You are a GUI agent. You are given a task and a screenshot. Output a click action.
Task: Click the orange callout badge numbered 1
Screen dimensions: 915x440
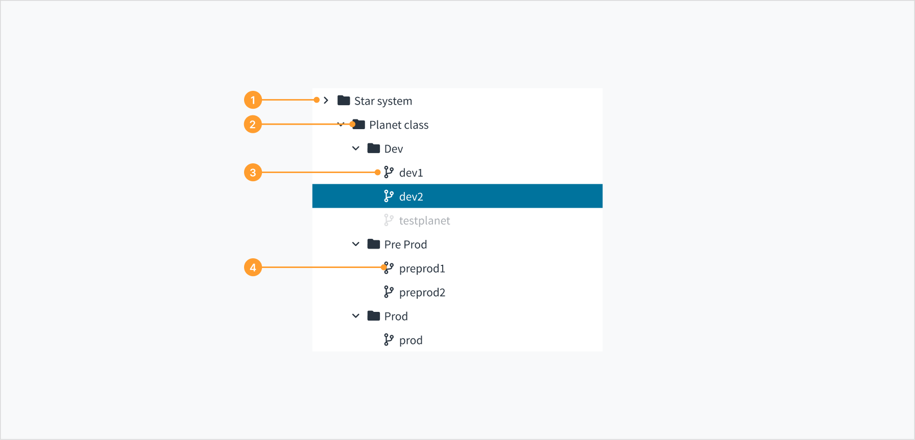253,100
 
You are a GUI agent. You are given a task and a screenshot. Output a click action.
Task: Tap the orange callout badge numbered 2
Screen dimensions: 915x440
253,124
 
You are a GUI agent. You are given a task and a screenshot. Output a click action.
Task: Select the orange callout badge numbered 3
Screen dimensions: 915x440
253,173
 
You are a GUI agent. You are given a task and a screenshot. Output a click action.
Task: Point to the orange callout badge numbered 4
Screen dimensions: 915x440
253,267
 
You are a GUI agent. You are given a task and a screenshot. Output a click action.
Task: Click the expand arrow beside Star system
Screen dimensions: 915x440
326,100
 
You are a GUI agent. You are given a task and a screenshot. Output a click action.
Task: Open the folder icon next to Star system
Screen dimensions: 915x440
344,101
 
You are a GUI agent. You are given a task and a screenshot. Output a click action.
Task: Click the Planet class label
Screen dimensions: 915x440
399,125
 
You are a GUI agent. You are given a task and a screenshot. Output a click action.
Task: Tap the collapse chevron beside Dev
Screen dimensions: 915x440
356,149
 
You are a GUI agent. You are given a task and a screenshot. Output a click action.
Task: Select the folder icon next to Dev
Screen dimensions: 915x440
374,149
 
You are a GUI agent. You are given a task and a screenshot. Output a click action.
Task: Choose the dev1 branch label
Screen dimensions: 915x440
411,173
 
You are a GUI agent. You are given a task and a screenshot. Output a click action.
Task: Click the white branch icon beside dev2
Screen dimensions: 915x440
389,196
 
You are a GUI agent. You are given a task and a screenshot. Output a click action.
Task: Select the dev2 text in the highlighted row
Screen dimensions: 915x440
411,197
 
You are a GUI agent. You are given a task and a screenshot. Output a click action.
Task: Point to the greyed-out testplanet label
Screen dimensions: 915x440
424,221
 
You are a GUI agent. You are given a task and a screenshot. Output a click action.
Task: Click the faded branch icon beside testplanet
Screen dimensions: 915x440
389,220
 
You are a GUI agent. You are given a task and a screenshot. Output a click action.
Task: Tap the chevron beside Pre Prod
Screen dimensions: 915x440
356,244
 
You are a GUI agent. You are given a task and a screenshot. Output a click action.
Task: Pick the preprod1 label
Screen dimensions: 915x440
422,269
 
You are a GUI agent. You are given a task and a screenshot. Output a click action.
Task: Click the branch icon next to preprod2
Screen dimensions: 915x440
389,292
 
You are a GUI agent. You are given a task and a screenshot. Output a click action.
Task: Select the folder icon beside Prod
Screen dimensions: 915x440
374,316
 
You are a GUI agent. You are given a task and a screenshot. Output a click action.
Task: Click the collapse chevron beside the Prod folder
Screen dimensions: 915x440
356,316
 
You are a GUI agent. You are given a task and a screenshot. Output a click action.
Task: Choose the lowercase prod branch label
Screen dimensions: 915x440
411,341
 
